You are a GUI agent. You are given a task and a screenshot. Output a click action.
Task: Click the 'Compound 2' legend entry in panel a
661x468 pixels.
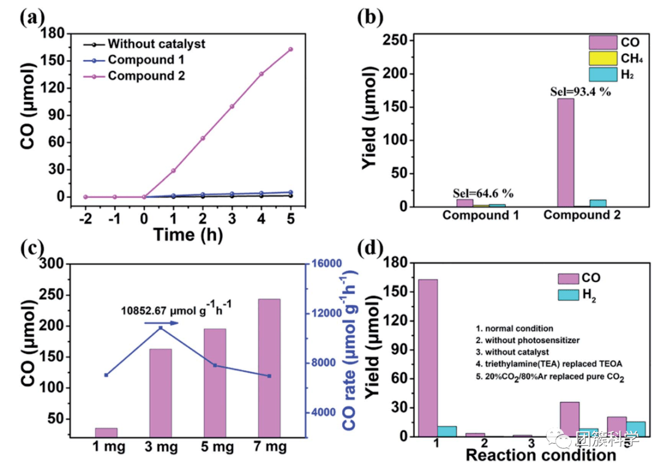tap(146, 76)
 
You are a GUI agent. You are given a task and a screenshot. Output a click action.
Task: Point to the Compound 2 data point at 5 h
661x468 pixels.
tap(291, 49)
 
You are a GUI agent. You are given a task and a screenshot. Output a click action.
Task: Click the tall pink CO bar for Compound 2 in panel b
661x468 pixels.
tap(566, 152)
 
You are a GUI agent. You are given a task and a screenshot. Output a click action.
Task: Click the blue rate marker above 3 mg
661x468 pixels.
tap(160, 329)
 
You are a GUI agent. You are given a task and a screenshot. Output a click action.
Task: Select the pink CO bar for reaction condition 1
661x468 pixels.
tap(428, 357)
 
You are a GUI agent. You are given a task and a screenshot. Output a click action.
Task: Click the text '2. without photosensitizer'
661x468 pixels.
tap(525, 340)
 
